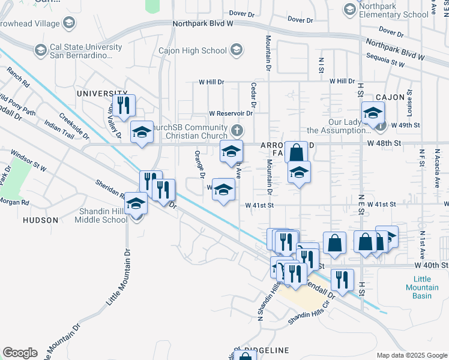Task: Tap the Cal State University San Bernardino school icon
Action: point(40,49)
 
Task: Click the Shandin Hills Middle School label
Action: point(101,215)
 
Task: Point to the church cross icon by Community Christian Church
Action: point(238,130)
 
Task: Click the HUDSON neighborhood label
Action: point(40,220)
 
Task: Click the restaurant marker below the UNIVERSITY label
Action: point(124,106)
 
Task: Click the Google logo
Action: point(19,352)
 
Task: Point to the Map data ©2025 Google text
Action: point(412,355)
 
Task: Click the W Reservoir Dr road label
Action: point(231,113)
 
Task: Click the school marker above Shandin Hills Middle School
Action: point(137,203)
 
